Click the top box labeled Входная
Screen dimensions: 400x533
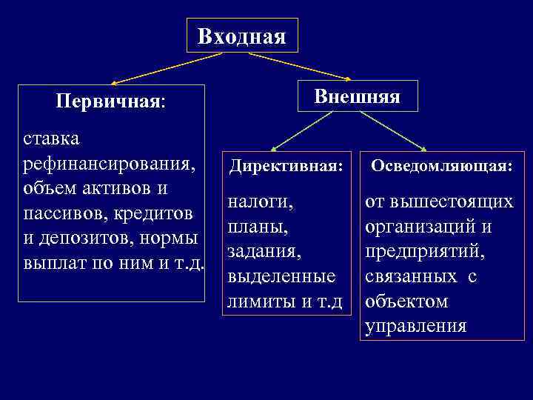[242, 36]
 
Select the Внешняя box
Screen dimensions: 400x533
[357, 96]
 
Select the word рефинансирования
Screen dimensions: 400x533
[110, 163]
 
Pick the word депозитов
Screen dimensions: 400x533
[91, 239]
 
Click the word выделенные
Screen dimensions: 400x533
[282, 276]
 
